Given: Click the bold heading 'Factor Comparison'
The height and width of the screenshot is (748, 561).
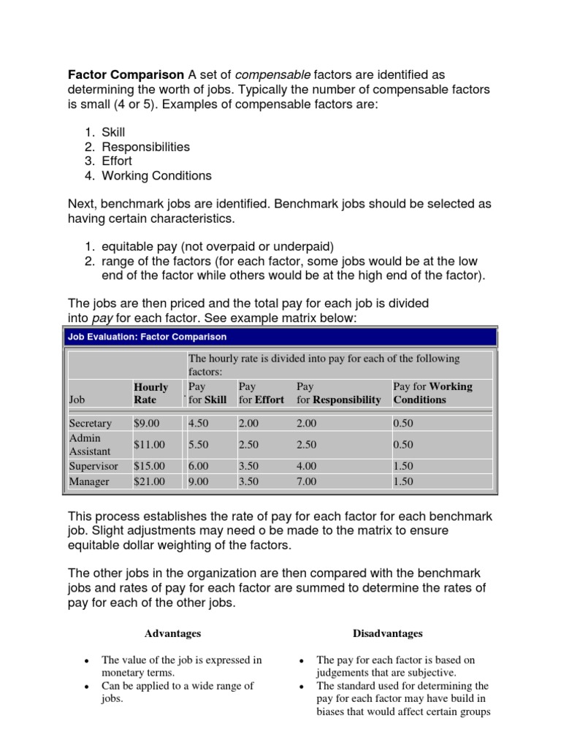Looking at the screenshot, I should (126, 75).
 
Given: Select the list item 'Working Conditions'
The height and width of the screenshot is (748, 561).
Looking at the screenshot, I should (156, 175).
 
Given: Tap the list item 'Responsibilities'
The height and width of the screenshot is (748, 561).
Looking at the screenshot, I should (145, 147).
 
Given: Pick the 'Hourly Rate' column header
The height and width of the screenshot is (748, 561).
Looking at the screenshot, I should (150, 393).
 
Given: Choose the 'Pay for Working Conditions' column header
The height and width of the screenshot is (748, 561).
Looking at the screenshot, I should (432, 393).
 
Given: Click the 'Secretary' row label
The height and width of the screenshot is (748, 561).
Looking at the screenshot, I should (90, 423).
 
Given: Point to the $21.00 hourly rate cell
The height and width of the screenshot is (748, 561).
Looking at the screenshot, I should (149, 481).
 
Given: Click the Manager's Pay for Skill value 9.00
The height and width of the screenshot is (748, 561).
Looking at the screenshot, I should (198, 481).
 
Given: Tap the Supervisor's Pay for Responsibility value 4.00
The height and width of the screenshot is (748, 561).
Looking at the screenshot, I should (306, 465).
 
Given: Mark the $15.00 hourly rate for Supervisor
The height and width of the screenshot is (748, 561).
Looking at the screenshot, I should (149, 465).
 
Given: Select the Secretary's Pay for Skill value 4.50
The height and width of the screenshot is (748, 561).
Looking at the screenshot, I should (198, 423).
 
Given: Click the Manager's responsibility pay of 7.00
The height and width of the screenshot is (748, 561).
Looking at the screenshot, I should (306, 481).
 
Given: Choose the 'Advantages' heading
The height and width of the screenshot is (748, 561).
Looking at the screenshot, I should (172, 633).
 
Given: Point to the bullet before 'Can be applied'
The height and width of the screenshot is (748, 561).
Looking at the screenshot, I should (87, 687).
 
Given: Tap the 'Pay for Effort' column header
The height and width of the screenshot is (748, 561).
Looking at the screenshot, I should (261, 393).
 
